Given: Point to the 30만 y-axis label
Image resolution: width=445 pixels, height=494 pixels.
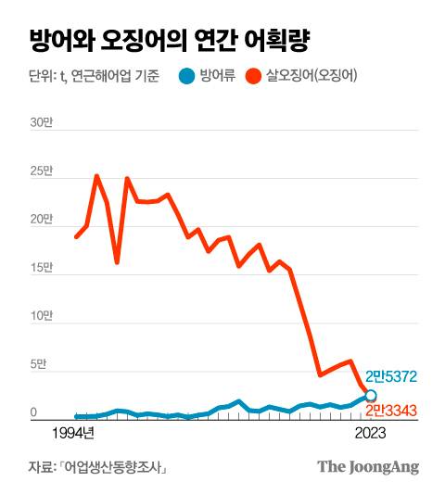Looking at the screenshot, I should click(x=41, y=122).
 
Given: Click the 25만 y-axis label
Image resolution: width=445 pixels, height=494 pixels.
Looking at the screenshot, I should click(x=41, y=171).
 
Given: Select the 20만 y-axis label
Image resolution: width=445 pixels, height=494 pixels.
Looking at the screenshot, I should click(x=41, y=220).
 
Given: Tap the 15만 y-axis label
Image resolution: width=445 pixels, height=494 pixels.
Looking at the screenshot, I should click(x=41, y=268).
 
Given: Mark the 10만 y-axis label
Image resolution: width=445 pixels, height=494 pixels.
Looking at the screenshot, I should click(x=41, y=317).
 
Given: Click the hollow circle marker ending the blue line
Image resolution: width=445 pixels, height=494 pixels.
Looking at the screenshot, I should click(x=370, y=396).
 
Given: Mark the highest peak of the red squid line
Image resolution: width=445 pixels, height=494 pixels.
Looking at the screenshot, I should click(x=96, y=175).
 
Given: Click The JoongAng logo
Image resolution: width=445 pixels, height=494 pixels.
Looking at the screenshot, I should click(x=368, y=467).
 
